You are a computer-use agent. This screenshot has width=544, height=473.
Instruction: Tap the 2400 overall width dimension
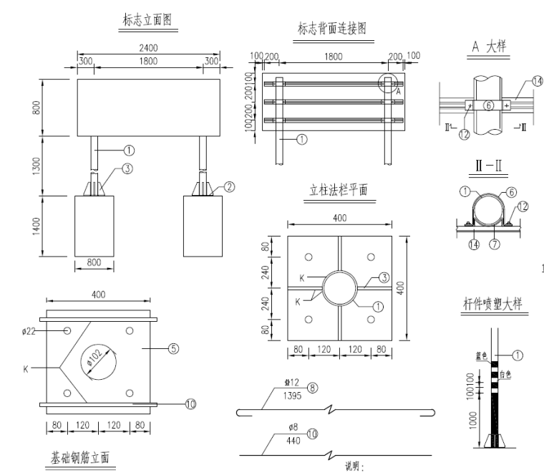(149, 48)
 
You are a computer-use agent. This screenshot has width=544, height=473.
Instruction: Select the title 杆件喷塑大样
(492, 305)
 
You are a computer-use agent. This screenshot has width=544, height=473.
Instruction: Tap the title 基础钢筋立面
(78, 457)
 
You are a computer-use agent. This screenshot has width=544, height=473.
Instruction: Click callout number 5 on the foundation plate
(173, 350)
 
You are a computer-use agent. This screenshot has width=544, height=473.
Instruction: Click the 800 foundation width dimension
(94, 262)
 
